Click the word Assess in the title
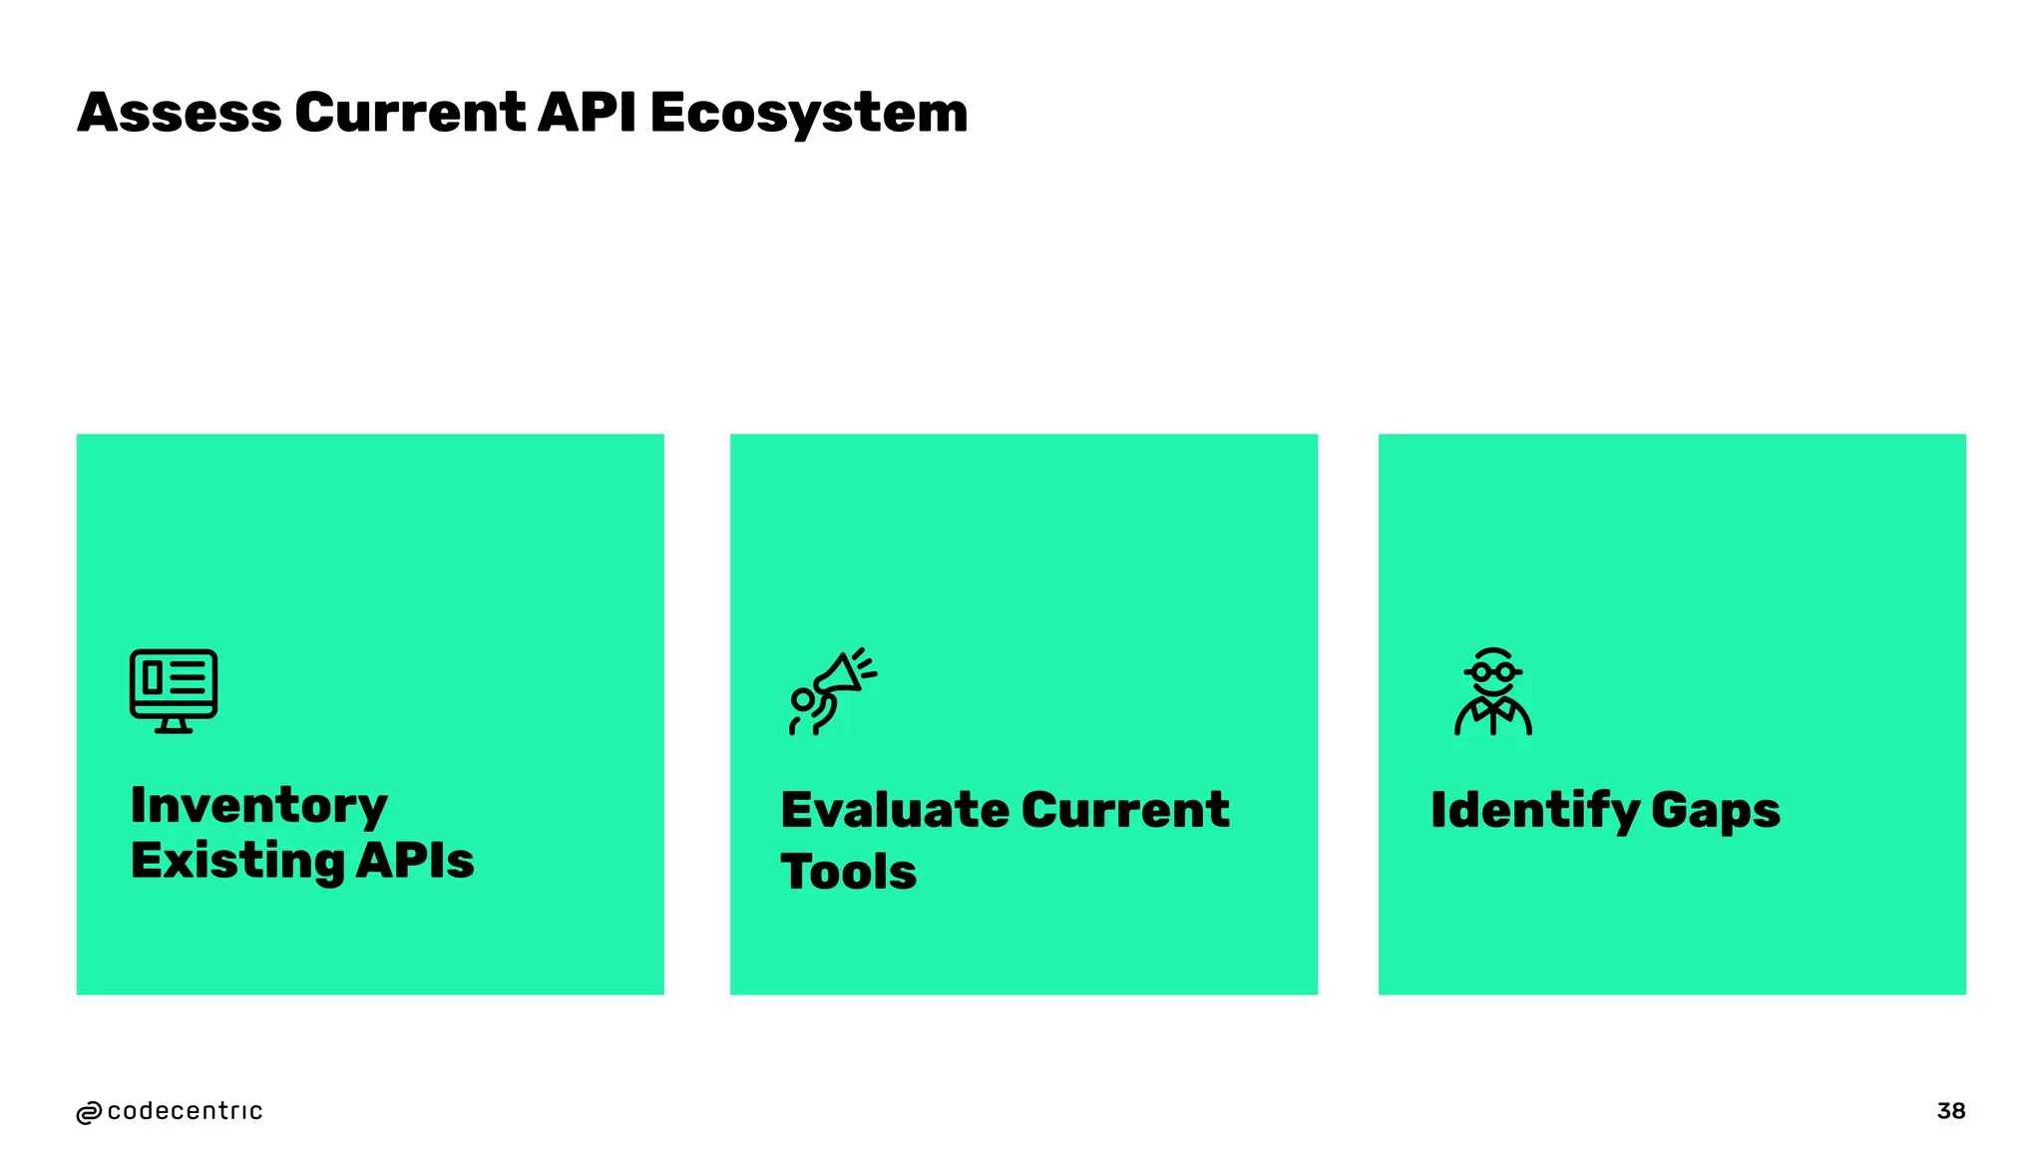pos(180,113)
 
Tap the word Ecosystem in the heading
pos(809,113)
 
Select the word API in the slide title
pos(587,113)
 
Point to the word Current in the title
pos(409,113)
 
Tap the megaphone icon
pos(832,691)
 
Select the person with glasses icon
pos(1492,691)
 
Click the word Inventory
pos(258,805)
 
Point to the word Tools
pos(848,872)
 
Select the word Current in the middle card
pos(1125,810)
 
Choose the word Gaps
pos(1715,810)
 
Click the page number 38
pos(1950,1111)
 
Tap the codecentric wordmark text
pos(185,1111)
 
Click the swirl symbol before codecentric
pos(89,1113)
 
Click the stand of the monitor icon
pos(174,725)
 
